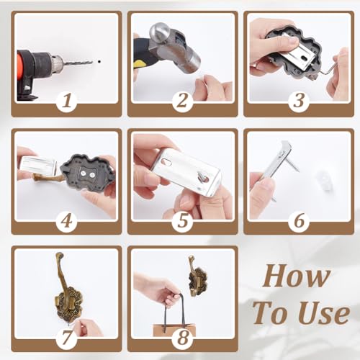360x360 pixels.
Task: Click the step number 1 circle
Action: point(67,102)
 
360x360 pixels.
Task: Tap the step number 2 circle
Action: point(182,102)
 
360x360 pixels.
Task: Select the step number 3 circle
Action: point(299,102)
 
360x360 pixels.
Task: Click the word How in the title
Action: point(297,276)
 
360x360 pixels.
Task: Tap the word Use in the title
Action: point(325,312)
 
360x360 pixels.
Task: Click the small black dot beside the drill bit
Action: point(99,62)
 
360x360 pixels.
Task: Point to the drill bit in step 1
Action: point(78,63)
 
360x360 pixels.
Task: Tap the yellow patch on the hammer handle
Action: point(138,64)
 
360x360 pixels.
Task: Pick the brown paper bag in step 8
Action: point(174,330)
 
